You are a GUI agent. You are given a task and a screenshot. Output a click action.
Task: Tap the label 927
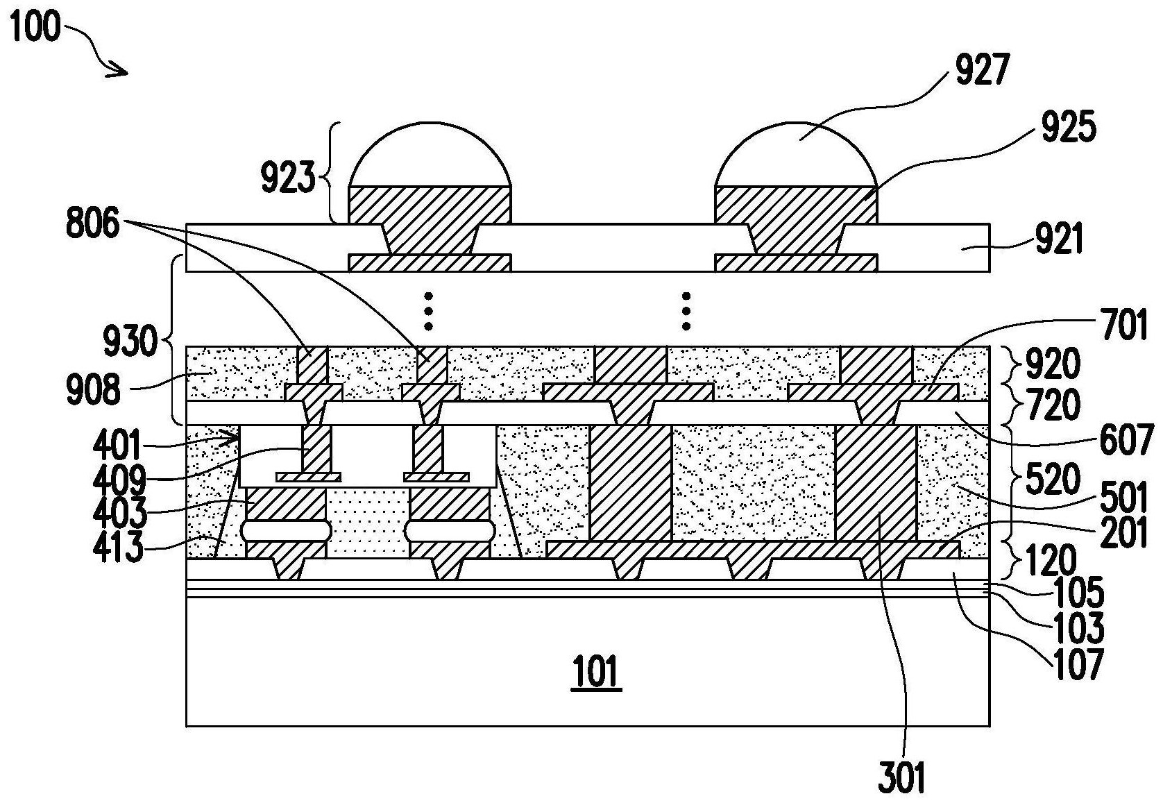983,69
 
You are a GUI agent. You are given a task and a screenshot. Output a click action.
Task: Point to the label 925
1069,127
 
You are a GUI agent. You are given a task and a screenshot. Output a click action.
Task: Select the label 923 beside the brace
288,177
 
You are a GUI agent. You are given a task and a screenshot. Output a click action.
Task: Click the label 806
93,223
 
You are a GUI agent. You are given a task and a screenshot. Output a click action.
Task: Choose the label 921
1060,239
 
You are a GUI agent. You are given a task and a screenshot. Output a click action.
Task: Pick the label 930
130,341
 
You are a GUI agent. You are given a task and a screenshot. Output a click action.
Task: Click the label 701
1123,325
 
